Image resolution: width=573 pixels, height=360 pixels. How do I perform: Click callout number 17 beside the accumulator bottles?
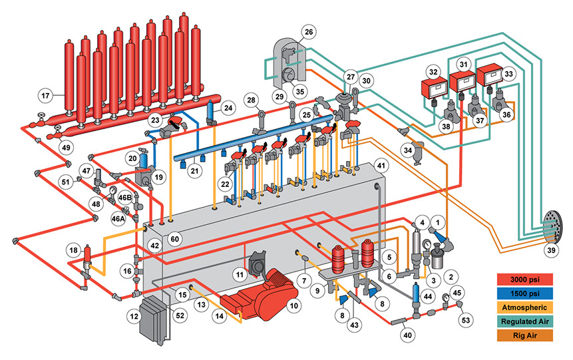[45, 94]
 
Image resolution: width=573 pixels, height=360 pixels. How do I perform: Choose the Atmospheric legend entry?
[526, 307]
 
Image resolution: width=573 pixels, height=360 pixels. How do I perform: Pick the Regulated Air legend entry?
[526, 323]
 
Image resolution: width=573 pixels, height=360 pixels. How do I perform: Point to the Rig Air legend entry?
[526, 338]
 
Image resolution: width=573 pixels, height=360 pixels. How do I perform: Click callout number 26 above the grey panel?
[308, 31]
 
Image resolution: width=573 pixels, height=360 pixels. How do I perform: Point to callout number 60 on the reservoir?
[175, 238]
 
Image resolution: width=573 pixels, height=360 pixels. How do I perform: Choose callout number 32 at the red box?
[433, 71]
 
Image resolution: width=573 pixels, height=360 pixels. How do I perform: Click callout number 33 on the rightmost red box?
[493, 71]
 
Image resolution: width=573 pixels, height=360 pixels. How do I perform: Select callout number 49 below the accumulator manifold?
[65, 147]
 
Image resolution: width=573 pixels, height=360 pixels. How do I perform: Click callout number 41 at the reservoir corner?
[380, 164]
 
